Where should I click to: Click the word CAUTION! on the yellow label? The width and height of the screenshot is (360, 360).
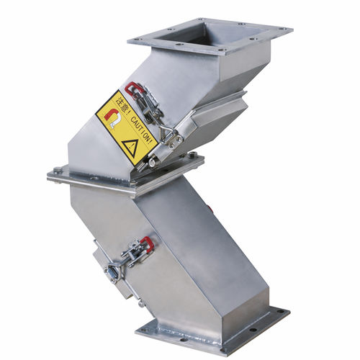[142, 130]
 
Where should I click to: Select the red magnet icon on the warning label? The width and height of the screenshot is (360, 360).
[113, 118]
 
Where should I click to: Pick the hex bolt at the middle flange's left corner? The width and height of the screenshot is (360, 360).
[58, 170]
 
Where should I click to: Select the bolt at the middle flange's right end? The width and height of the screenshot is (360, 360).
[192, 154]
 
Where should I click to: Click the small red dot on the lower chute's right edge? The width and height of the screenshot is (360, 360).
[210, 208]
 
